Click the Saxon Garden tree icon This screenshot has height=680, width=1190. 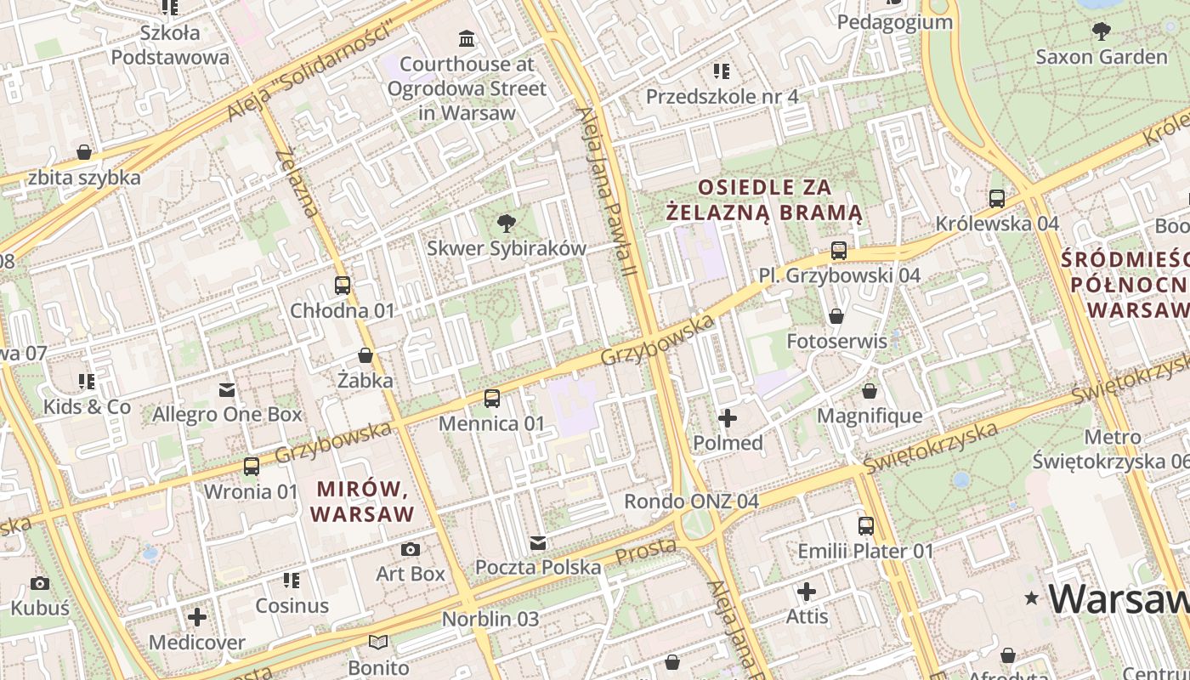click(x=1101, y=31)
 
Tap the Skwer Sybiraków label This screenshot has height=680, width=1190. click(x=506, y=248)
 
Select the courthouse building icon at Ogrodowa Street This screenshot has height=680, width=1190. click(x=467, y=38)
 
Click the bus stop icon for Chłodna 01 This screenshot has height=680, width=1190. click(x=343, y=286)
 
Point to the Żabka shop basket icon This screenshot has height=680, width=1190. click(x=365, y=355)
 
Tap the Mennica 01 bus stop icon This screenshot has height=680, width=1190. click(x=491, y=398)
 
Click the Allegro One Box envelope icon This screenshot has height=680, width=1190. click(x=227, y=390)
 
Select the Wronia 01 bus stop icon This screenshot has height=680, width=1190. click(x=251, y=467)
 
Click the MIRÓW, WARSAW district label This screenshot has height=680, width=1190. click(x=363, y=501)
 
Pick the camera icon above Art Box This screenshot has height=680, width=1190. click(x=411, y=549)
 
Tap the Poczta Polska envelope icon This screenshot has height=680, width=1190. click(x=537, y=542)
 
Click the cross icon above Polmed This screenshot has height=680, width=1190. click(x=728, y=418)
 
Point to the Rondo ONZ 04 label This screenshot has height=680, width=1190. click(x=691, y=501)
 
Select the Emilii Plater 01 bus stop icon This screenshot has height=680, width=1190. click(x=865, y=526)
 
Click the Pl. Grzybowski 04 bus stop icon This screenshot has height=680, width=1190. click(x=839, y=250)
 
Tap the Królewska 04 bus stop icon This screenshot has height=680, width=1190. click(x=997, y=199)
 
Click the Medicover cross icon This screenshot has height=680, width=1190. click(x=197, y=617)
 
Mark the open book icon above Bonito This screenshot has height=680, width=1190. click(x=378, y=643)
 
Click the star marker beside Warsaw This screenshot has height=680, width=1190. click(x=1032, y=598)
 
